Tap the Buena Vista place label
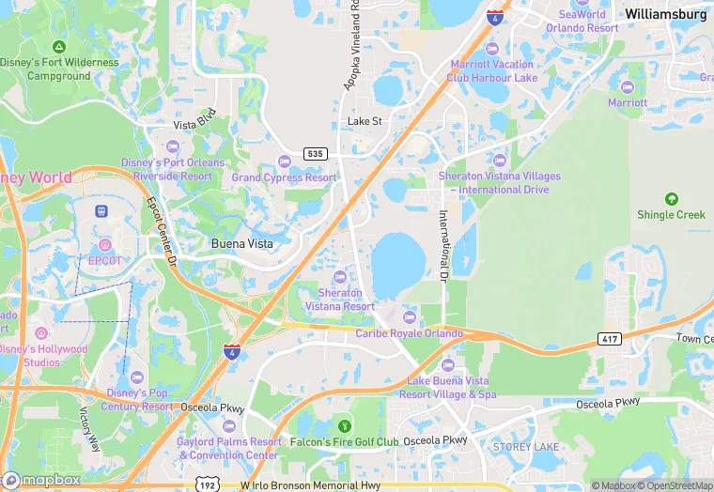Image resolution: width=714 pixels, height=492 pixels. click(x=241, y=243)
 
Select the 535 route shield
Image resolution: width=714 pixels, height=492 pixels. click(x=315, y=153)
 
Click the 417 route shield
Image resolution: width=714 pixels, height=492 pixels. click(x=607, y=337)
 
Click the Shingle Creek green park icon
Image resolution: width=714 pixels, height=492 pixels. click(x=671, y=199)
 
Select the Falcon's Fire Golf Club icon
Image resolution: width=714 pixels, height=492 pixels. click(x=344, y=427)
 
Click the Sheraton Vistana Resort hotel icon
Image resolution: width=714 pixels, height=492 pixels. click(x=340, y=276)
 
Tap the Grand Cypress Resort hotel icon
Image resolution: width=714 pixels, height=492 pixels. click(x=284, y=161)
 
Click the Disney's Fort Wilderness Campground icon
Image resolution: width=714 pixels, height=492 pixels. click(x=59, y=47)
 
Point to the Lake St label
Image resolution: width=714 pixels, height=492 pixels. click(x=365, y=121)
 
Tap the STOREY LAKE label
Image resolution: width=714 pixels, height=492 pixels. click(x=525, y=446)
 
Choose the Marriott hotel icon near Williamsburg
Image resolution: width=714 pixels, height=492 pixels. click(x=627, y=86)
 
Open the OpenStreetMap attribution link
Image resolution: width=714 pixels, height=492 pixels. click(x=675, y=485)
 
